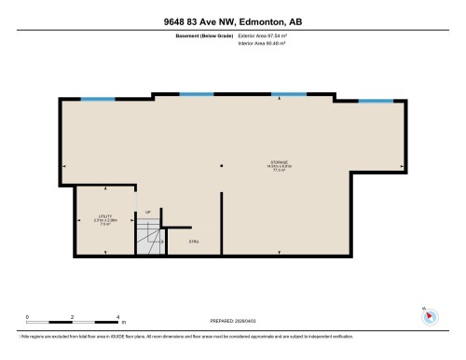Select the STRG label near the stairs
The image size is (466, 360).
click(194, 242)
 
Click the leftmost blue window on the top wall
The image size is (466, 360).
click(91, 99)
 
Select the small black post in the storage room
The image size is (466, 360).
click(221, 166)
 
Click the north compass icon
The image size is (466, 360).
click(430, 315)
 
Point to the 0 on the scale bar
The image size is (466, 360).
click(27, 316)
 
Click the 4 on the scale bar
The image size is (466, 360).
click(119, 316)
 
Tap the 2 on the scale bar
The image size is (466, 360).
click(74, 316)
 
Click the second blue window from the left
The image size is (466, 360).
click(196, 93)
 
